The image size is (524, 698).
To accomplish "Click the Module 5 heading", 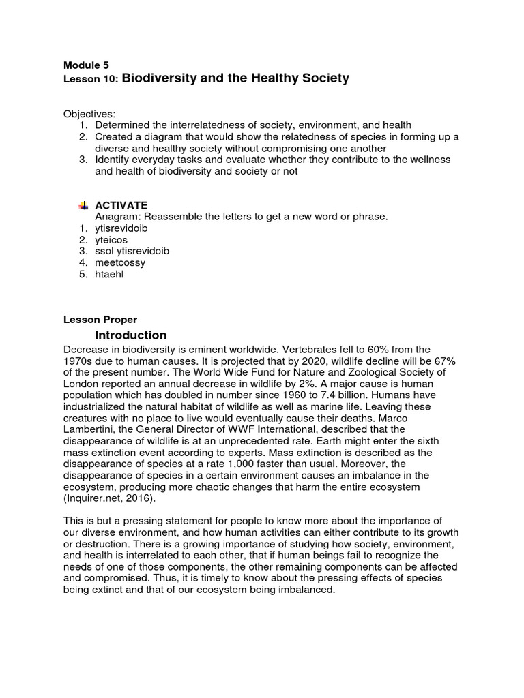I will click(x=86, y=65).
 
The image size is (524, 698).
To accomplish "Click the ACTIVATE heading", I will click(x=121, y=205).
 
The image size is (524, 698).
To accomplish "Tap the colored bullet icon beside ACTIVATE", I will click(x=83, y=205).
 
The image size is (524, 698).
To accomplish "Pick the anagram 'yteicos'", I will click(x=111, y=240).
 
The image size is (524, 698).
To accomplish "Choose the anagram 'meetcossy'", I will click(x=120, y=262).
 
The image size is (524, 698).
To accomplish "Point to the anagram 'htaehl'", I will click(x=109, y=274).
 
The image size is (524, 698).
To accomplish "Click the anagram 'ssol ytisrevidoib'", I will click(x=132, y=251).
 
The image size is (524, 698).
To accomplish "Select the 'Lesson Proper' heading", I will click(x=100, y=319).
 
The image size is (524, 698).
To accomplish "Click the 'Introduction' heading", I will click(x=130, y=335).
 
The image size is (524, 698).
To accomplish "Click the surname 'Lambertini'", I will click(x=89, y=429).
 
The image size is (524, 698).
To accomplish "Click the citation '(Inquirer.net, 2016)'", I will click(x=109, y=498).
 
